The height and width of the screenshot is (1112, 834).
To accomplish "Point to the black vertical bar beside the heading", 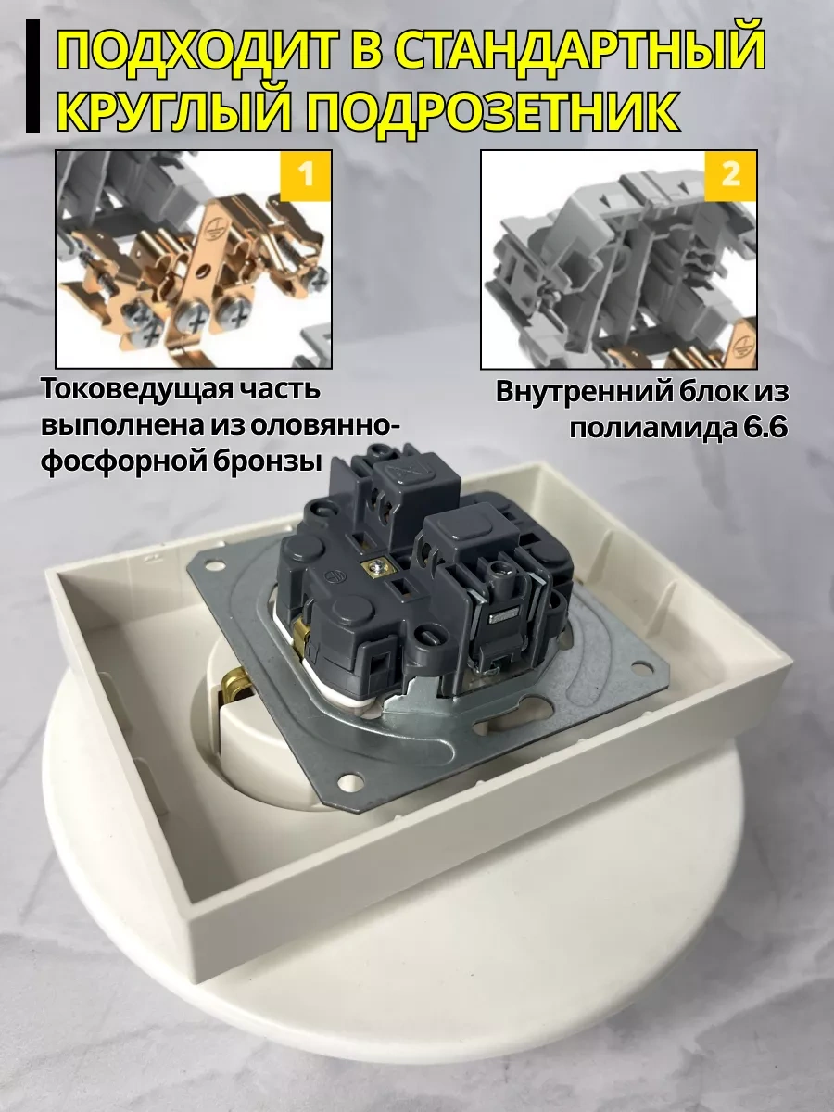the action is tap(32, 76).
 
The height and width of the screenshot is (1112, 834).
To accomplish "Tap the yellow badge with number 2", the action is tap(729, 175).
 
